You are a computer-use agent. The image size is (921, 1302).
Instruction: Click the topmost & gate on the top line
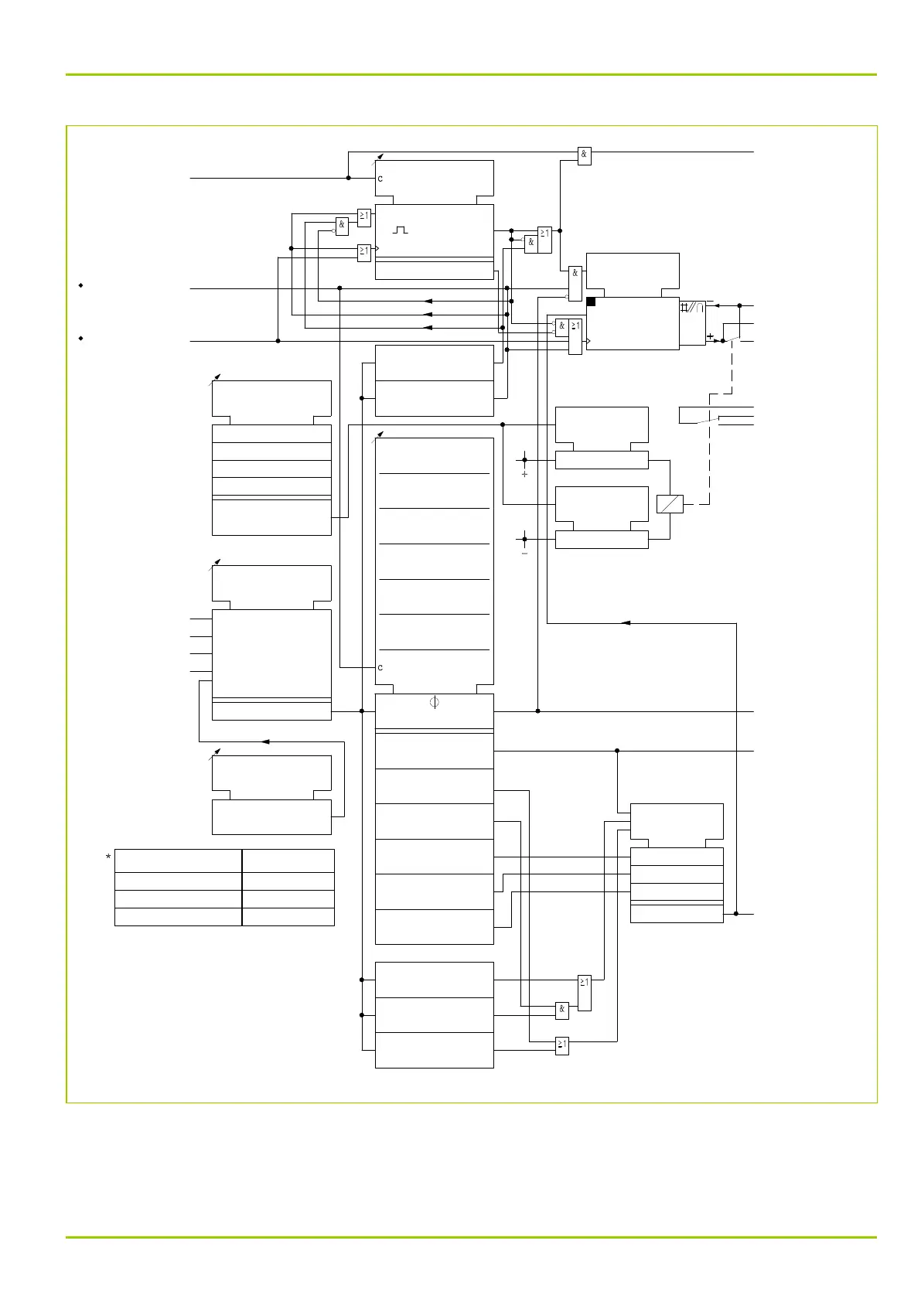(585, 155)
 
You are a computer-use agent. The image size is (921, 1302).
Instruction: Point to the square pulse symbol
(400, 230)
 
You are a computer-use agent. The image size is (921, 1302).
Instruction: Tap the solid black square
(591, 302)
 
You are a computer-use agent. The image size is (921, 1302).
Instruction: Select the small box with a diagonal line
(670, 504)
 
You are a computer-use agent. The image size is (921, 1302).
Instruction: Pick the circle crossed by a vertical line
(434, 703)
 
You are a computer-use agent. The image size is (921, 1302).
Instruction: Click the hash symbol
(684, 307)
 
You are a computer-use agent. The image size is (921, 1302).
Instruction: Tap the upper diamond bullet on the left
(80, 286)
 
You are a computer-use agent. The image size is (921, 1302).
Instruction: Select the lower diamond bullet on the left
(80, 339)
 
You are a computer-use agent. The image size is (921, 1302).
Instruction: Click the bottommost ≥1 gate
(562, 1045)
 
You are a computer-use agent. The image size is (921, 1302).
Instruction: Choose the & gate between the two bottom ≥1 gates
(562, 1009)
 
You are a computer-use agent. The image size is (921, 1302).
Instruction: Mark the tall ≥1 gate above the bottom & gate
(585, 993)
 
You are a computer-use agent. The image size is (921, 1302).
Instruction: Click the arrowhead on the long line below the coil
(626, 622)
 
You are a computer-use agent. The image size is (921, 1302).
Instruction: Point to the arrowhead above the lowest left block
(264, 741)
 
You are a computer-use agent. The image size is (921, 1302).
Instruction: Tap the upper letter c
(380, 179)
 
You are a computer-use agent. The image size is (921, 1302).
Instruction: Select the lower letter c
(380, 667)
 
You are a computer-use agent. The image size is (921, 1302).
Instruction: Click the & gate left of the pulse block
(342, 226)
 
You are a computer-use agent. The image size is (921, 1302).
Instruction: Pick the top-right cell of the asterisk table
(288, 861)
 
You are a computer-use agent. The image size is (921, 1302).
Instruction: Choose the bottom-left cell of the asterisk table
(178, 917)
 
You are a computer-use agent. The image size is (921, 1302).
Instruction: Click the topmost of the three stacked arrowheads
(428, 301)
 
